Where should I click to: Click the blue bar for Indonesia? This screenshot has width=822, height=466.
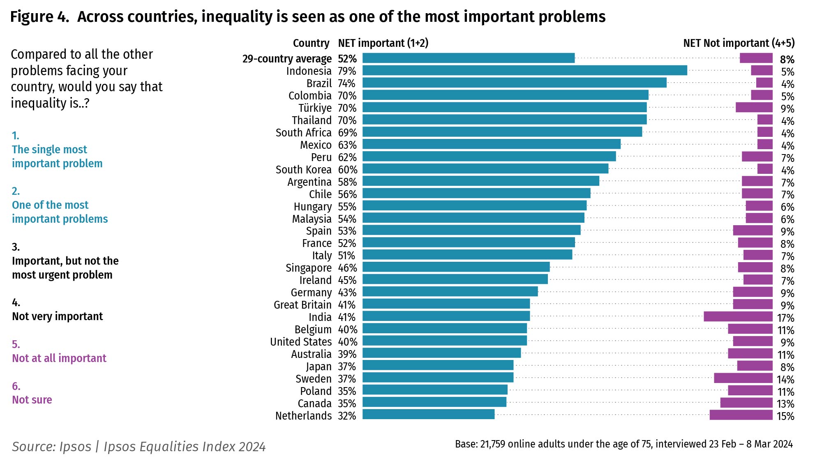click(x=524, y=70)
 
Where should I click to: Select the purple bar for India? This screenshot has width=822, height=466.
click(x=738, y=316)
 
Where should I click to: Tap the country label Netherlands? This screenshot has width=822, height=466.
click(x=303, y=416)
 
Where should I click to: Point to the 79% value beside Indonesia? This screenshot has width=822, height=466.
click(x=347, y=71)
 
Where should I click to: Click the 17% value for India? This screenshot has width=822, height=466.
click(x=785, y=318)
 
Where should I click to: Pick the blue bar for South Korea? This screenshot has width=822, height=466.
click(x=485, y=169)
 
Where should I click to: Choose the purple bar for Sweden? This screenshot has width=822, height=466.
click(x=743, y=378)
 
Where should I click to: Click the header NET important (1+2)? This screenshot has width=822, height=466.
click(x=383, y=43)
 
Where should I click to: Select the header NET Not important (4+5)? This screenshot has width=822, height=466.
click(x=739, y=43)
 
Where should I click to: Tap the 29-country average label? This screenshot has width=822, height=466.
click(x=287, y=59)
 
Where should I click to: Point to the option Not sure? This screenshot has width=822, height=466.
click(x=32, y=400)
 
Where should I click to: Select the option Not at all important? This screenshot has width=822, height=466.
click(x=59, y=358)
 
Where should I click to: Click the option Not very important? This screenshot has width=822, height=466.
click(x=58, y=316)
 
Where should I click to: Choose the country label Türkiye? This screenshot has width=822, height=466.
click(x=315, y=108)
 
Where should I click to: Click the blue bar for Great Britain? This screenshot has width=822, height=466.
click(x=446, y=304)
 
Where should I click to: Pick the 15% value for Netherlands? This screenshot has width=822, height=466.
click(x=785, y=416)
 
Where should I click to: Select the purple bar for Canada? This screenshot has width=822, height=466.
click(x=746, y=403)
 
